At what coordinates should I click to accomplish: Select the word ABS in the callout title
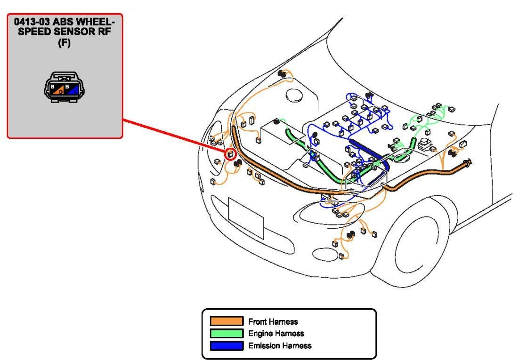(73, 22)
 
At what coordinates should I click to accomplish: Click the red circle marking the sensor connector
(231, 153)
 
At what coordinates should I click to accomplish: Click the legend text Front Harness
(273, 322)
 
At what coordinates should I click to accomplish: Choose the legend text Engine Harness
(276, 334)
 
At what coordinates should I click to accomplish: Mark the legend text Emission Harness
(280, 346)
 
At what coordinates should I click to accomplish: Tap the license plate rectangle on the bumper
(245, 217)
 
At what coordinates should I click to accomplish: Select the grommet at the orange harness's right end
(468, 164)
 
